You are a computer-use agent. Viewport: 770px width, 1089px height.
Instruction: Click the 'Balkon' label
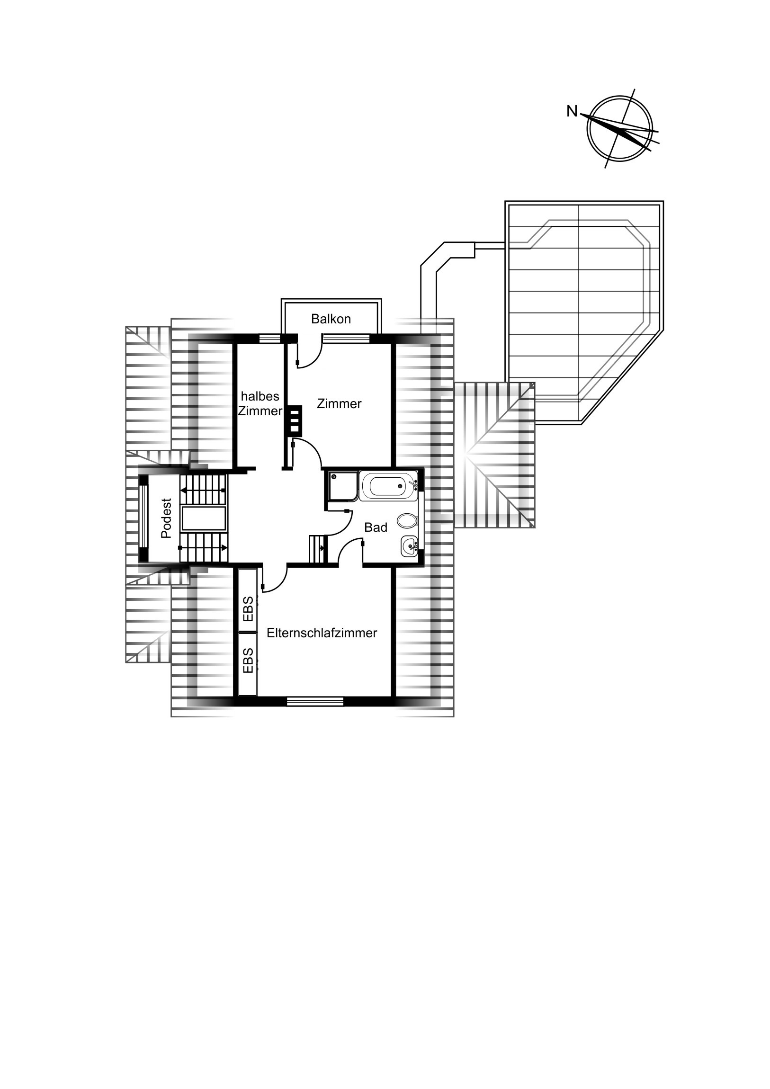point(331,319)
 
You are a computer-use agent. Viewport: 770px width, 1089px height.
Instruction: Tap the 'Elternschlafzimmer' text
point(322,633)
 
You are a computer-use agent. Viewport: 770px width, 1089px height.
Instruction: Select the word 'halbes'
point(260,396)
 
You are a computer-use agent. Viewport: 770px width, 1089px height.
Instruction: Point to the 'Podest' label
point(166,518)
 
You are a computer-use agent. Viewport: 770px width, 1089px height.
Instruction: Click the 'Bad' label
point(376,527)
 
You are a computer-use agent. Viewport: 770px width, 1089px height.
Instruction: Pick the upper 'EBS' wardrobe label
point(248,609)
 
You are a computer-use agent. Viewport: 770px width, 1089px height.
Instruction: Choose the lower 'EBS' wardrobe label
point(248,661)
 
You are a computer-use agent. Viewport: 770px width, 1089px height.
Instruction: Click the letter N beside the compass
point(572,112)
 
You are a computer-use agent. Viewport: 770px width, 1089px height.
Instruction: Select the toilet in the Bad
point(407,521)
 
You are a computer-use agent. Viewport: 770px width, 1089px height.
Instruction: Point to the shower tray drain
point(334,476)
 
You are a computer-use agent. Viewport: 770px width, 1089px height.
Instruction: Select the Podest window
point(144,518)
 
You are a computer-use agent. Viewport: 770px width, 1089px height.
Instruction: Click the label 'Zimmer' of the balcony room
point(339,403)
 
